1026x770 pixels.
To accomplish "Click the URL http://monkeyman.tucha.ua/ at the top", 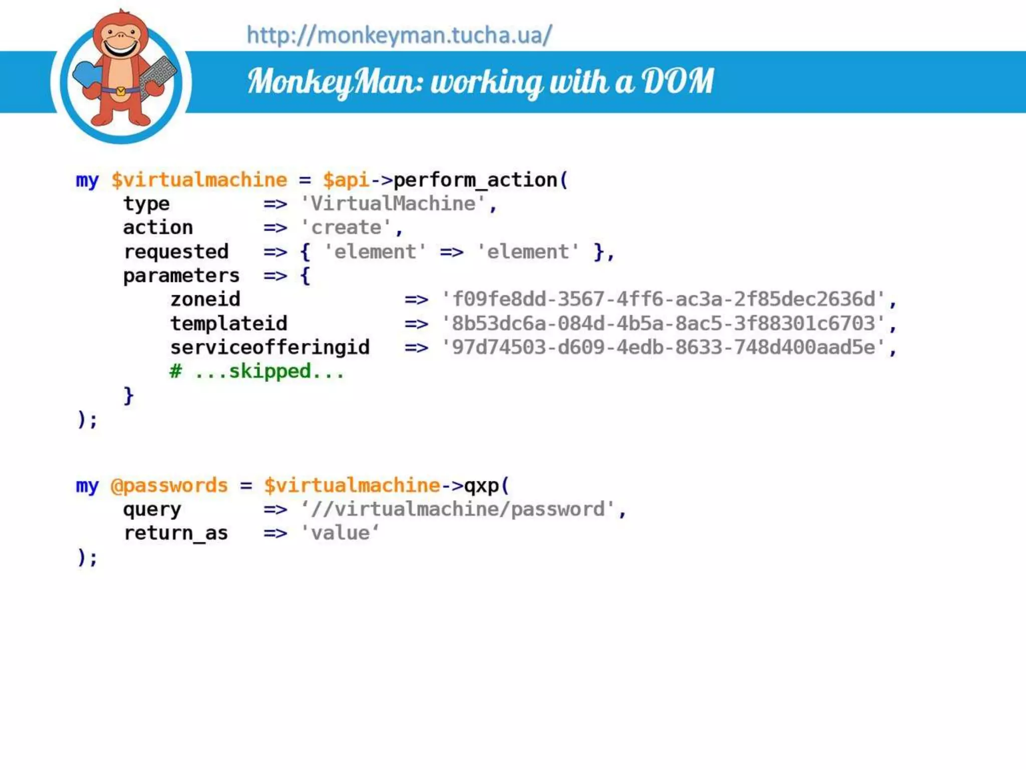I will click(x=399, y=35).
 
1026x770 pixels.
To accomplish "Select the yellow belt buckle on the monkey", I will click(x=121, y=91).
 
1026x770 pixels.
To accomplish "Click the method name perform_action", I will click(x=475, y=180).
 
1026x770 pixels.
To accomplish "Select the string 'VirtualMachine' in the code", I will click(x=393, y=204).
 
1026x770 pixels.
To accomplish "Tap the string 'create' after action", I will click(x=346, y=228).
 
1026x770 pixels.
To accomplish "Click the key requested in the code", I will click(x=176, y=252).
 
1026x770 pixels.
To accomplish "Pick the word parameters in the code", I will click(x=181, y=276).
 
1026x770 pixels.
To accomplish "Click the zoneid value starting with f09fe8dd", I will click(x=663, y=299).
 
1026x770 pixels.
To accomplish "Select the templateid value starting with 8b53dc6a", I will click(x=663, y=323).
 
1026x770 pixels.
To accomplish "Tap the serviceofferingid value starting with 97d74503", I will click(x=663, y=347).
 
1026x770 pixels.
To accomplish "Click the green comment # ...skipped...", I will click(x=257, y=371).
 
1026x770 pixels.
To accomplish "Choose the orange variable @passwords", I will click(x=169, y=485).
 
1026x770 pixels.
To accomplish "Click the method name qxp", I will click(x=481, y=485).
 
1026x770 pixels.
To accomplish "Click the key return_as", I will click(x=176, y=533).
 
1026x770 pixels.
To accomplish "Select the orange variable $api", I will click(x=346, y=180).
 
